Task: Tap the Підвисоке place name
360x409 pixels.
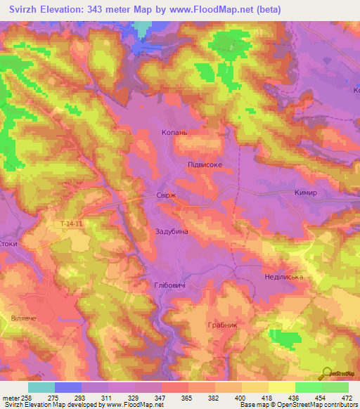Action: click(x=205, y=164)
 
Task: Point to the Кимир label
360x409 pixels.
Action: click(x=306, y=193)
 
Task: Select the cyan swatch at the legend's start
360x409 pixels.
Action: click(x=41, y=387)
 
